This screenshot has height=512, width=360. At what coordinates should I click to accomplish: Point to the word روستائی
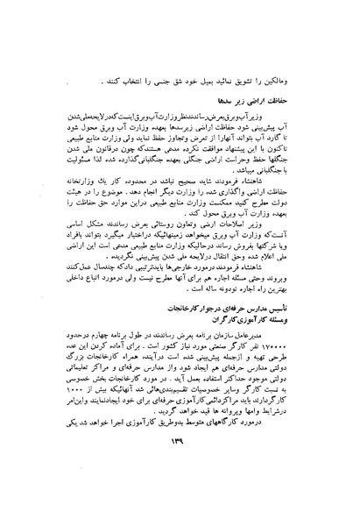(178, 214)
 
